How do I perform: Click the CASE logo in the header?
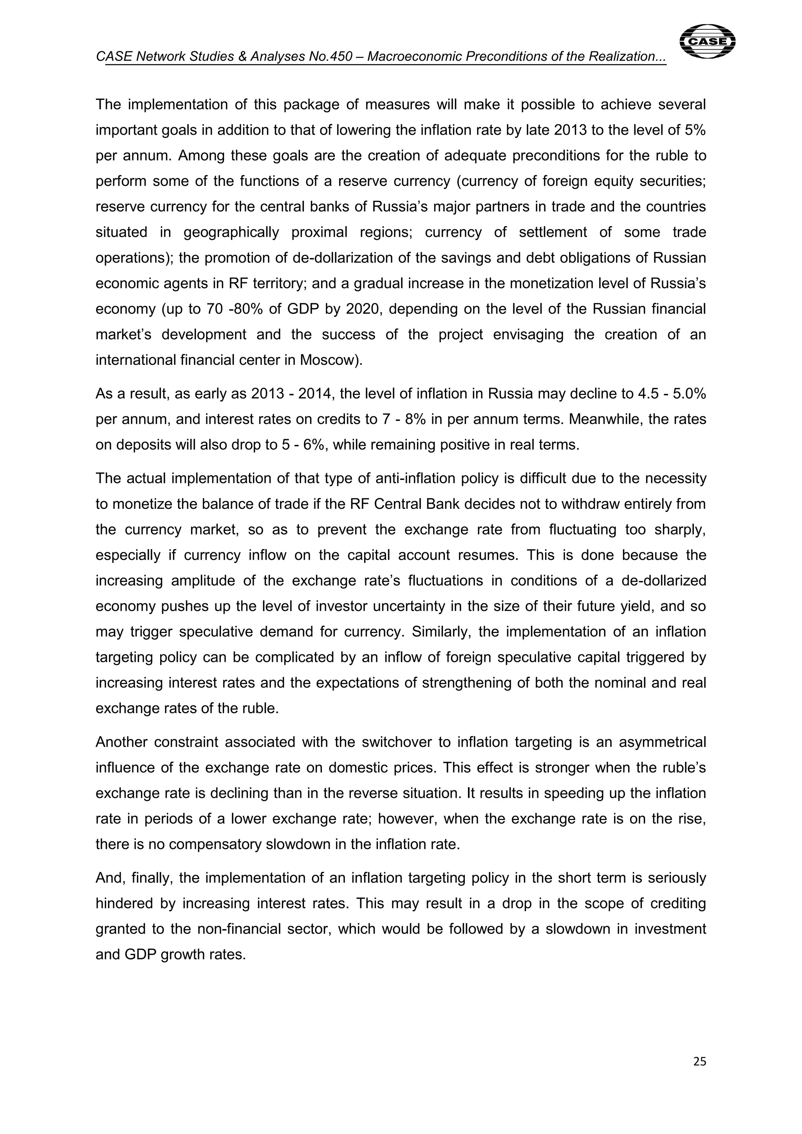(x=707, y=41)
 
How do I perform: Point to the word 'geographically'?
(x=231, y=232)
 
